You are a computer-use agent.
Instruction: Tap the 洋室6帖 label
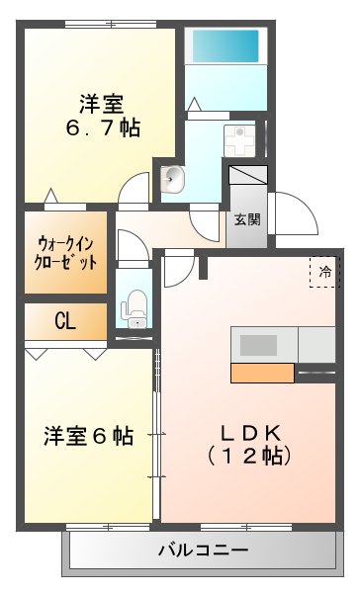(x=89, y=435)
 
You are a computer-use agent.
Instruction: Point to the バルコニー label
(x=203, y=551)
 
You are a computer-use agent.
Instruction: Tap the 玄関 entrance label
(x=247, y=219)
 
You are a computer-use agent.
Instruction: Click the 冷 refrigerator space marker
(x=323, y=271)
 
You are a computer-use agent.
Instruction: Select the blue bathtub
(x=225, y=46)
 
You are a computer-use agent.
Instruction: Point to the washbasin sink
(x=173, y=180)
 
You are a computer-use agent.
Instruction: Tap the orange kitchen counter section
(x=262, y=373)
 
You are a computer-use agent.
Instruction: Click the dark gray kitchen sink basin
(x=259, y=345)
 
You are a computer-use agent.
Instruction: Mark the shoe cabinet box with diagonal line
(x=248, y=184)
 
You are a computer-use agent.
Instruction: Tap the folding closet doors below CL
(x=65, y=350)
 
